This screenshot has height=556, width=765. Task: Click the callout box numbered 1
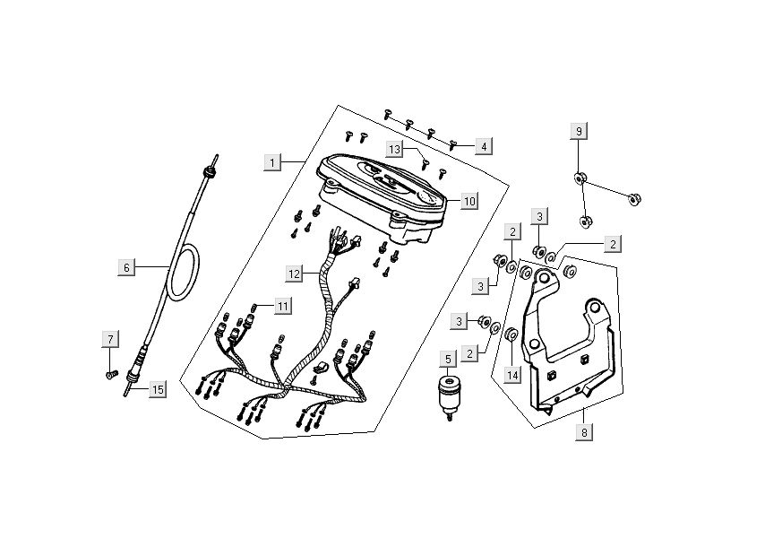[x=272, y=162]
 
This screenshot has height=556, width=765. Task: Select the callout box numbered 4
[x=484, y=146]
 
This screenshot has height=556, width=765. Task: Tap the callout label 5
[x=449, y=360]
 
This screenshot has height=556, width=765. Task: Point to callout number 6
[x=127, y=268]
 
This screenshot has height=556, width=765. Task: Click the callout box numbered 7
[x=110, y=339]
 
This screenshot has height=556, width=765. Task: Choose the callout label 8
[x=584, y=432]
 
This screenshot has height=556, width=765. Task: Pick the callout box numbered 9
[x=579, y=132]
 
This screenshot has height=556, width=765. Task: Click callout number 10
[x=469, y=201]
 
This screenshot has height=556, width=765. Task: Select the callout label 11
[x=283, y=307]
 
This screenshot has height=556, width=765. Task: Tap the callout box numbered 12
[x=294, y=274]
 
